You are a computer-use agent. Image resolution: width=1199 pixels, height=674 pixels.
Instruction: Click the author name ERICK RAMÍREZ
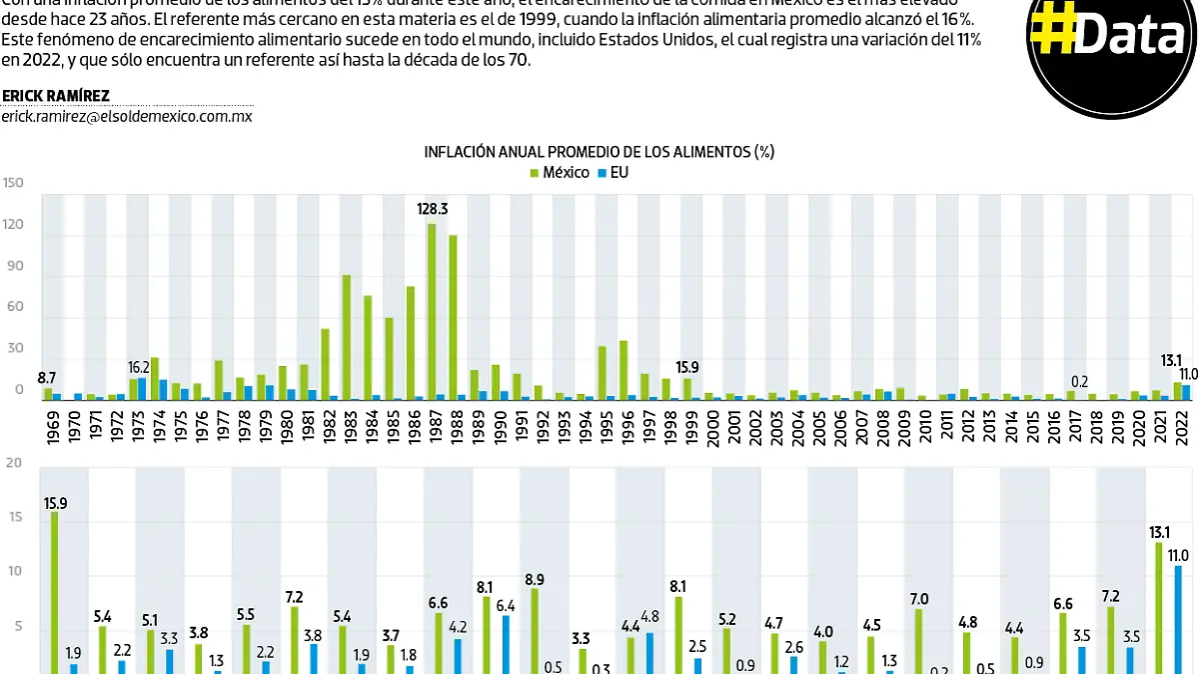click(x=56, y=96)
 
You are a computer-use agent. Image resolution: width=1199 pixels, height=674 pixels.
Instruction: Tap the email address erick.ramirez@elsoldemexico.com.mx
click(x=126, y=116)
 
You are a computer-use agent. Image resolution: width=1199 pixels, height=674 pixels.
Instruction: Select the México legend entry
click(x=560, y=172)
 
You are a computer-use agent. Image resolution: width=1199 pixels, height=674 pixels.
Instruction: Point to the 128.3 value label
click(x=434, y=209)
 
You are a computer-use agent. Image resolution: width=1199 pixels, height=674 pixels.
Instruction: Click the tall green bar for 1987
click(x=432, y=310)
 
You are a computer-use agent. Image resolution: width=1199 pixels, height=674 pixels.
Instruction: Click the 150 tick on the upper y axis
click(x=13, y=183)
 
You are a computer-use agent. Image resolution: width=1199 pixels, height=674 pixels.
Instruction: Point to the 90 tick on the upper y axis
click(x=15, y=269)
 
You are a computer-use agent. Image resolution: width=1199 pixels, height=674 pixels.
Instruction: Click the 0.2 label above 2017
click(x=1078, y=380)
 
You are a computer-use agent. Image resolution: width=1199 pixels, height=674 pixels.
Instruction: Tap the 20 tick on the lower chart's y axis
click(x=13, y=463)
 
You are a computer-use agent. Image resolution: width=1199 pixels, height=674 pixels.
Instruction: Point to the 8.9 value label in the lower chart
click(x=534, y=579)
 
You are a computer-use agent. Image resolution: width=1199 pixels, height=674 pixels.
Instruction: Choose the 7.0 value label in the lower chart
click(x=918, y=599)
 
